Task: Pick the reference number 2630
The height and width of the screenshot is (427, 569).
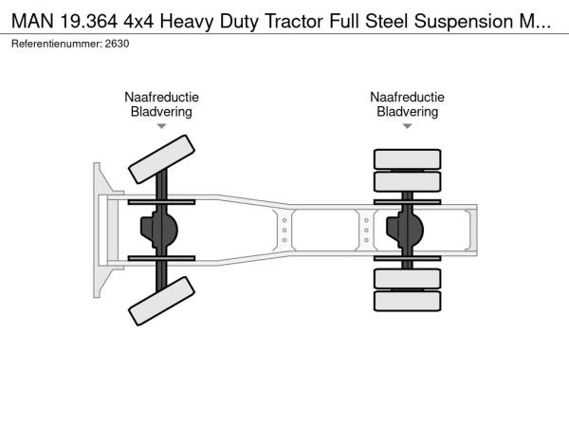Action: pos(118,44)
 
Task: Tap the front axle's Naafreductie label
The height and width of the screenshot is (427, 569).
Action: pos(161,97)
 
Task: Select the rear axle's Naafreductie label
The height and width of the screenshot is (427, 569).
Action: pos(408,97)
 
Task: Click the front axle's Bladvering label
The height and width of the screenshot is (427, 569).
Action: pos(161,111)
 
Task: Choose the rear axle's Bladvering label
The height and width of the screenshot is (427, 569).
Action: pos(408,111)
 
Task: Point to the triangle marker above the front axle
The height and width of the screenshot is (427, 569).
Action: pos(161,125)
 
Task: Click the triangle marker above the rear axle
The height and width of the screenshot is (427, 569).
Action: pos(408,125)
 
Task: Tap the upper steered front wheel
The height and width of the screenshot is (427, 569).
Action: pos(161,158)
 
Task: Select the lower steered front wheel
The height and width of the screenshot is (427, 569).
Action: pos(161,303)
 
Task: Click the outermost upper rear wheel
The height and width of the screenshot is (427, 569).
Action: pos(408,158)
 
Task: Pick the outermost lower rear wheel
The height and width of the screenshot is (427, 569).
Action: pos(408,303)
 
